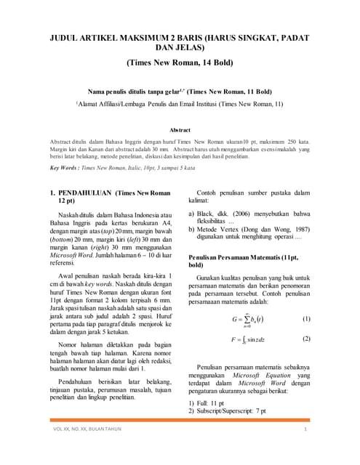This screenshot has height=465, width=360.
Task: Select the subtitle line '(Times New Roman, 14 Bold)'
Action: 180,62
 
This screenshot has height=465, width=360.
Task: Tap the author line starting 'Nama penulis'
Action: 180,92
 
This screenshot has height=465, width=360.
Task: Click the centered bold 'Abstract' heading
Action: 180,129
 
